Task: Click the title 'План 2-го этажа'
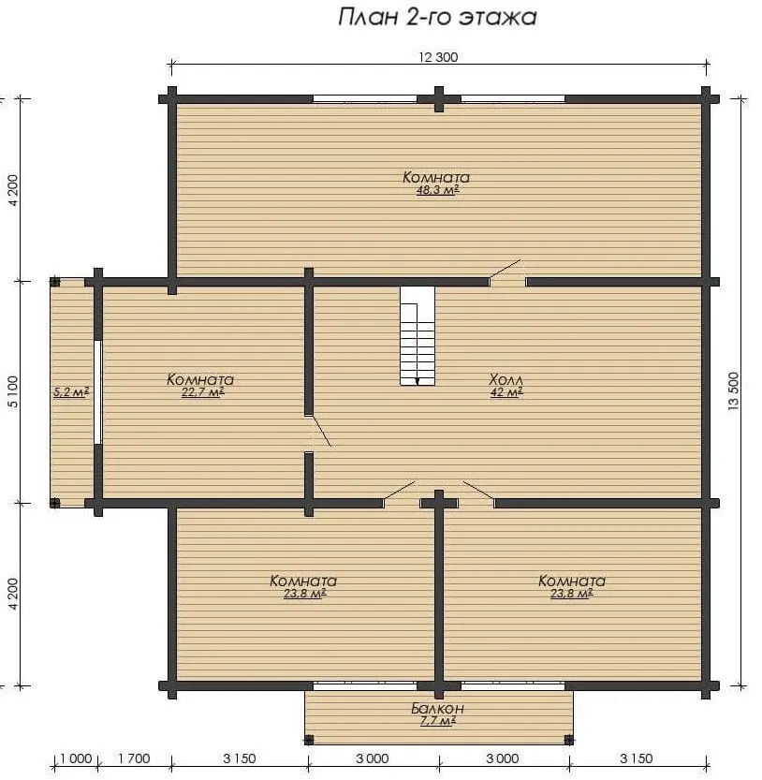click(438, 17)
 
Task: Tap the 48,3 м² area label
click(437, 190)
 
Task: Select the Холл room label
click(506, 380)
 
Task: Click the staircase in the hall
click(418, 336)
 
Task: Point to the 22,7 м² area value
click(202, 392)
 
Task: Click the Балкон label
click(438, 708)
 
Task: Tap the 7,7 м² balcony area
click(438, 721)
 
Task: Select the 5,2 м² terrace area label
click(71, 392)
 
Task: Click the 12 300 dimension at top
click(438, 57)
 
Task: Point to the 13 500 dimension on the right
click(734, 391)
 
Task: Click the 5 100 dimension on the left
click(13, 391)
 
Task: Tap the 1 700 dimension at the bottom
click(134, 758)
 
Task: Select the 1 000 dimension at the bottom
click(76, 758)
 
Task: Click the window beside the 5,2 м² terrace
click(98, 392)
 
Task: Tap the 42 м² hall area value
click(506, 392)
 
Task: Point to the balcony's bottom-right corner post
click(569, 740)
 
